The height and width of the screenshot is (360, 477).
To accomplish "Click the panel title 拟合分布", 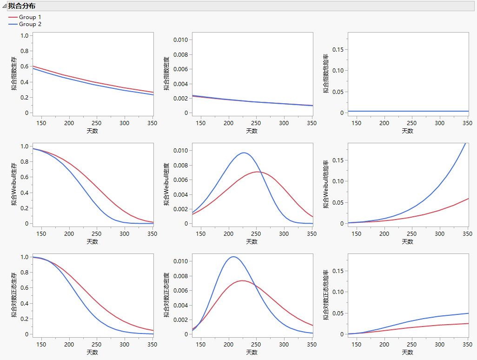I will [21, 6].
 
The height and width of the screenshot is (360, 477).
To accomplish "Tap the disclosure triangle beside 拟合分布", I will [4, 6].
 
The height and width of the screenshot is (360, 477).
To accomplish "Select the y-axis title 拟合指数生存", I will [15, 73].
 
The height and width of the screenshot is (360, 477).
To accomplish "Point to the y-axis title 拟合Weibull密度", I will [167, 184].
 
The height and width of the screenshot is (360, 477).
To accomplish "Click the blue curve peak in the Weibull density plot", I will [245, 153].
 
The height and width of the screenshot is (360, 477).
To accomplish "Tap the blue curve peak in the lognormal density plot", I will [233, 257].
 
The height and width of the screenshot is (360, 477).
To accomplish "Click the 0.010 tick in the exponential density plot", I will [180, 40].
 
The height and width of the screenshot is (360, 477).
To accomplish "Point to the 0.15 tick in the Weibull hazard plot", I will [338, 160].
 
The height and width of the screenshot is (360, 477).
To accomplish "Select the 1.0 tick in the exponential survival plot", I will [25, 36].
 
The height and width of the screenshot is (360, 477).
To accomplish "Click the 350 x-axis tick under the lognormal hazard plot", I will [466, 345].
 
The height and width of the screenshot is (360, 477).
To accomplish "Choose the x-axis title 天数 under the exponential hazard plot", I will [407, 131].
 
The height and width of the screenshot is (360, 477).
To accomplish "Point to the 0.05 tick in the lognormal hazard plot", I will [338, 313].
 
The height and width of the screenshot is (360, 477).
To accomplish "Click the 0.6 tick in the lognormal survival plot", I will [25, 288].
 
